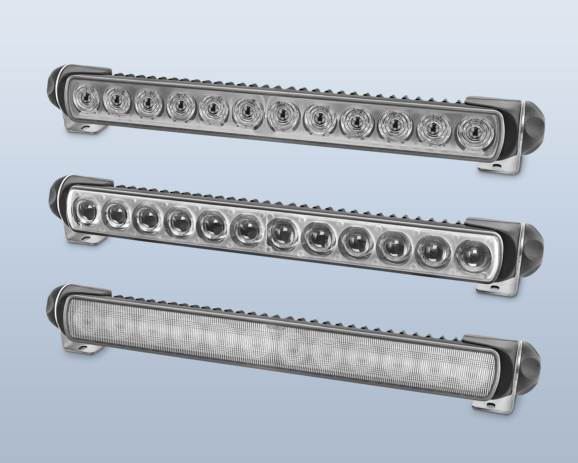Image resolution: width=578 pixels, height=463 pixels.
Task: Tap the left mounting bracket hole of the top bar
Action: pos(87,128)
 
